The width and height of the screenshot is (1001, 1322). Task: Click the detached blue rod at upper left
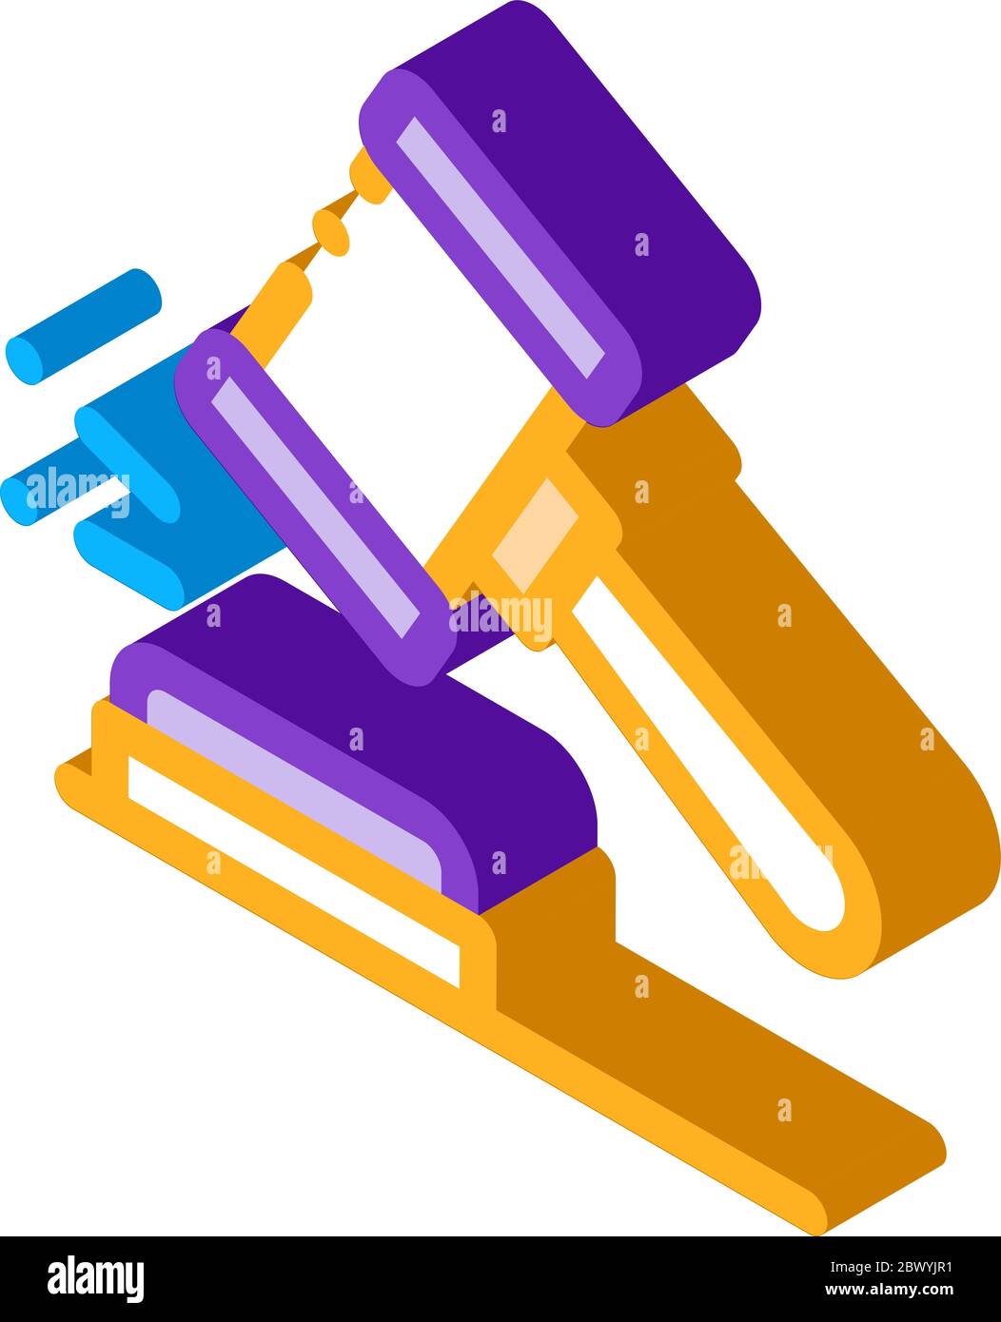point(84,326)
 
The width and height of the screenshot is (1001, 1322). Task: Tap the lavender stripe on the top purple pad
point(500,246)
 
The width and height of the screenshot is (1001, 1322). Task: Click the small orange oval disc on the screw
point(331,232)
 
